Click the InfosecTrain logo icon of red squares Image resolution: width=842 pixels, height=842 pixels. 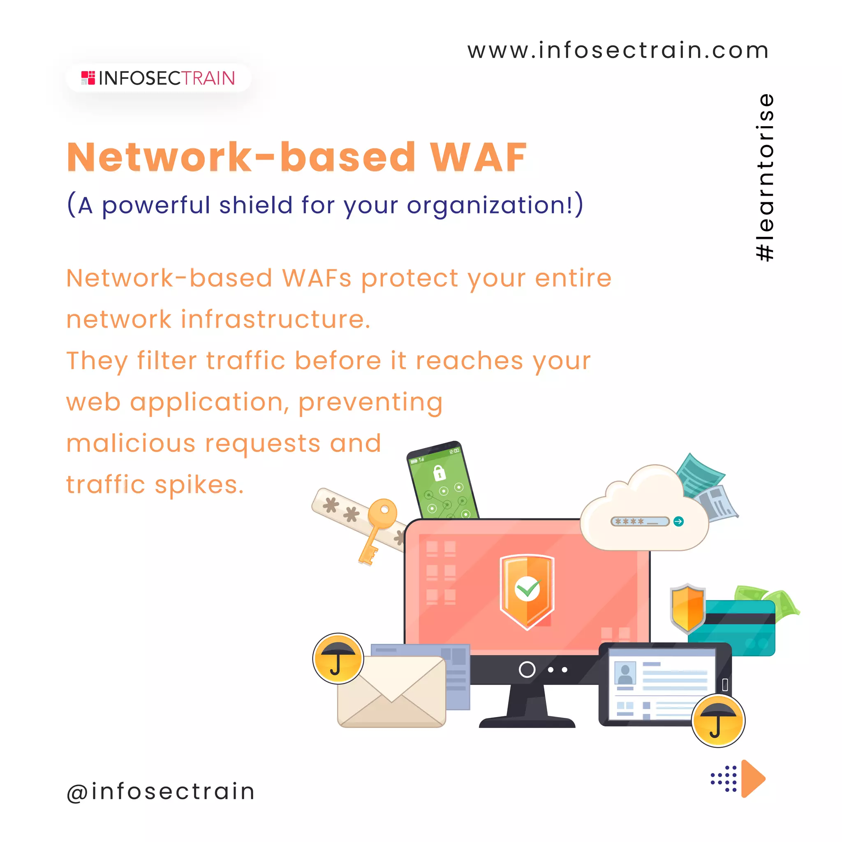pos(88,78)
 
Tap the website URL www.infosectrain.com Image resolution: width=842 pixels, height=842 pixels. pos(618,51)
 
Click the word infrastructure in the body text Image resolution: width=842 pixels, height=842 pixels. pos(275,319)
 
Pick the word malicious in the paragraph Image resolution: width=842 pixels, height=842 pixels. pos(131,443)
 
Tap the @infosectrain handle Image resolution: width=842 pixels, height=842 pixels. pos(160,791)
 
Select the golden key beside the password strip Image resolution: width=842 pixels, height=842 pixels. pos(377,528)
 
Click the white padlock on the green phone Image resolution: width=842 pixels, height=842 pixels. pos(439,472)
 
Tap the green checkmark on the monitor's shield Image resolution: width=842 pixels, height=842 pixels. pos(527,589)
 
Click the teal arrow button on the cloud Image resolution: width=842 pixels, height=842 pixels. pos(678,521)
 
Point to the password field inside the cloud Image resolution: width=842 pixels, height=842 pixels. pos(639,521)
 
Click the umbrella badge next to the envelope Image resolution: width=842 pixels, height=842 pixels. pos(338,659)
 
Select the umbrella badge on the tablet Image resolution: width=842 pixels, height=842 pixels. pos(718,721)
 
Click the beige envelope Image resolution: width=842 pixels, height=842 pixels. pos(391,692)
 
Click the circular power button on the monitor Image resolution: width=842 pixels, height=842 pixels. pos(527,669)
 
